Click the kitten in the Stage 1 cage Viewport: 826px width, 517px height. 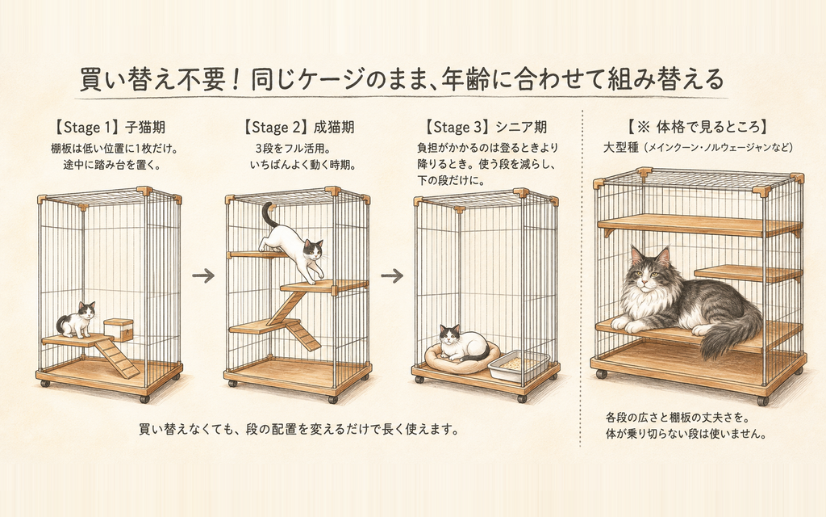(77, 320)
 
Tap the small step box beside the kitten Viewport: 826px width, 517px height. (117, 330)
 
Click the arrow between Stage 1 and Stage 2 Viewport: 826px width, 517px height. (203, 275)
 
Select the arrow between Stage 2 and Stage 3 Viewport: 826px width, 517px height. (392, 275)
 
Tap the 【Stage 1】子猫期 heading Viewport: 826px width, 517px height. (110, 127)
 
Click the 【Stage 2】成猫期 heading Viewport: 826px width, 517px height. (298, 127)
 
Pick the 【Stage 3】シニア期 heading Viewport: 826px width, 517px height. (486, 127)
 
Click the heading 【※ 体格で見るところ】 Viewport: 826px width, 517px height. (698, 127)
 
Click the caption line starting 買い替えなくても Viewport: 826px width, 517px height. (298, 429)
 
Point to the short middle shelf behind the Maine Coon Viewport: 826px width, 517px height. (748, 273)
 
